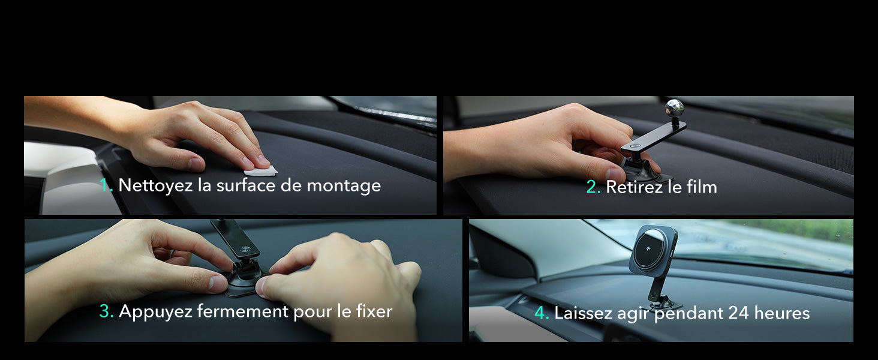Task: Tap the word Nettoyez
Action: (155, 185)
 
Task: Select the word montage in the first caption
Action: (344, 186)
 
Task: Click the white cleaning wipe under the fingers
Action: (260, 170)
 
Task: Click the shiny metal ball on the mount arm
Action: (674, 107)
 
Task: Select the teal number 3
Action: (106, 311)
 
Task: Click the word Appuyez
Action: (155, 312)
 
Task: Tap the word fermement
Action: (243, 311)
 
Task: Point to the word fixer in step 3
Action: (374, 311)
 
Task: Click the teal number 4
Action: (542, 313)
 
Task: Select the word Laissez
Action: (583, 313)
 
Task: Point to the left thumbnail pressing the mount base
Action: (218, 284)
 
